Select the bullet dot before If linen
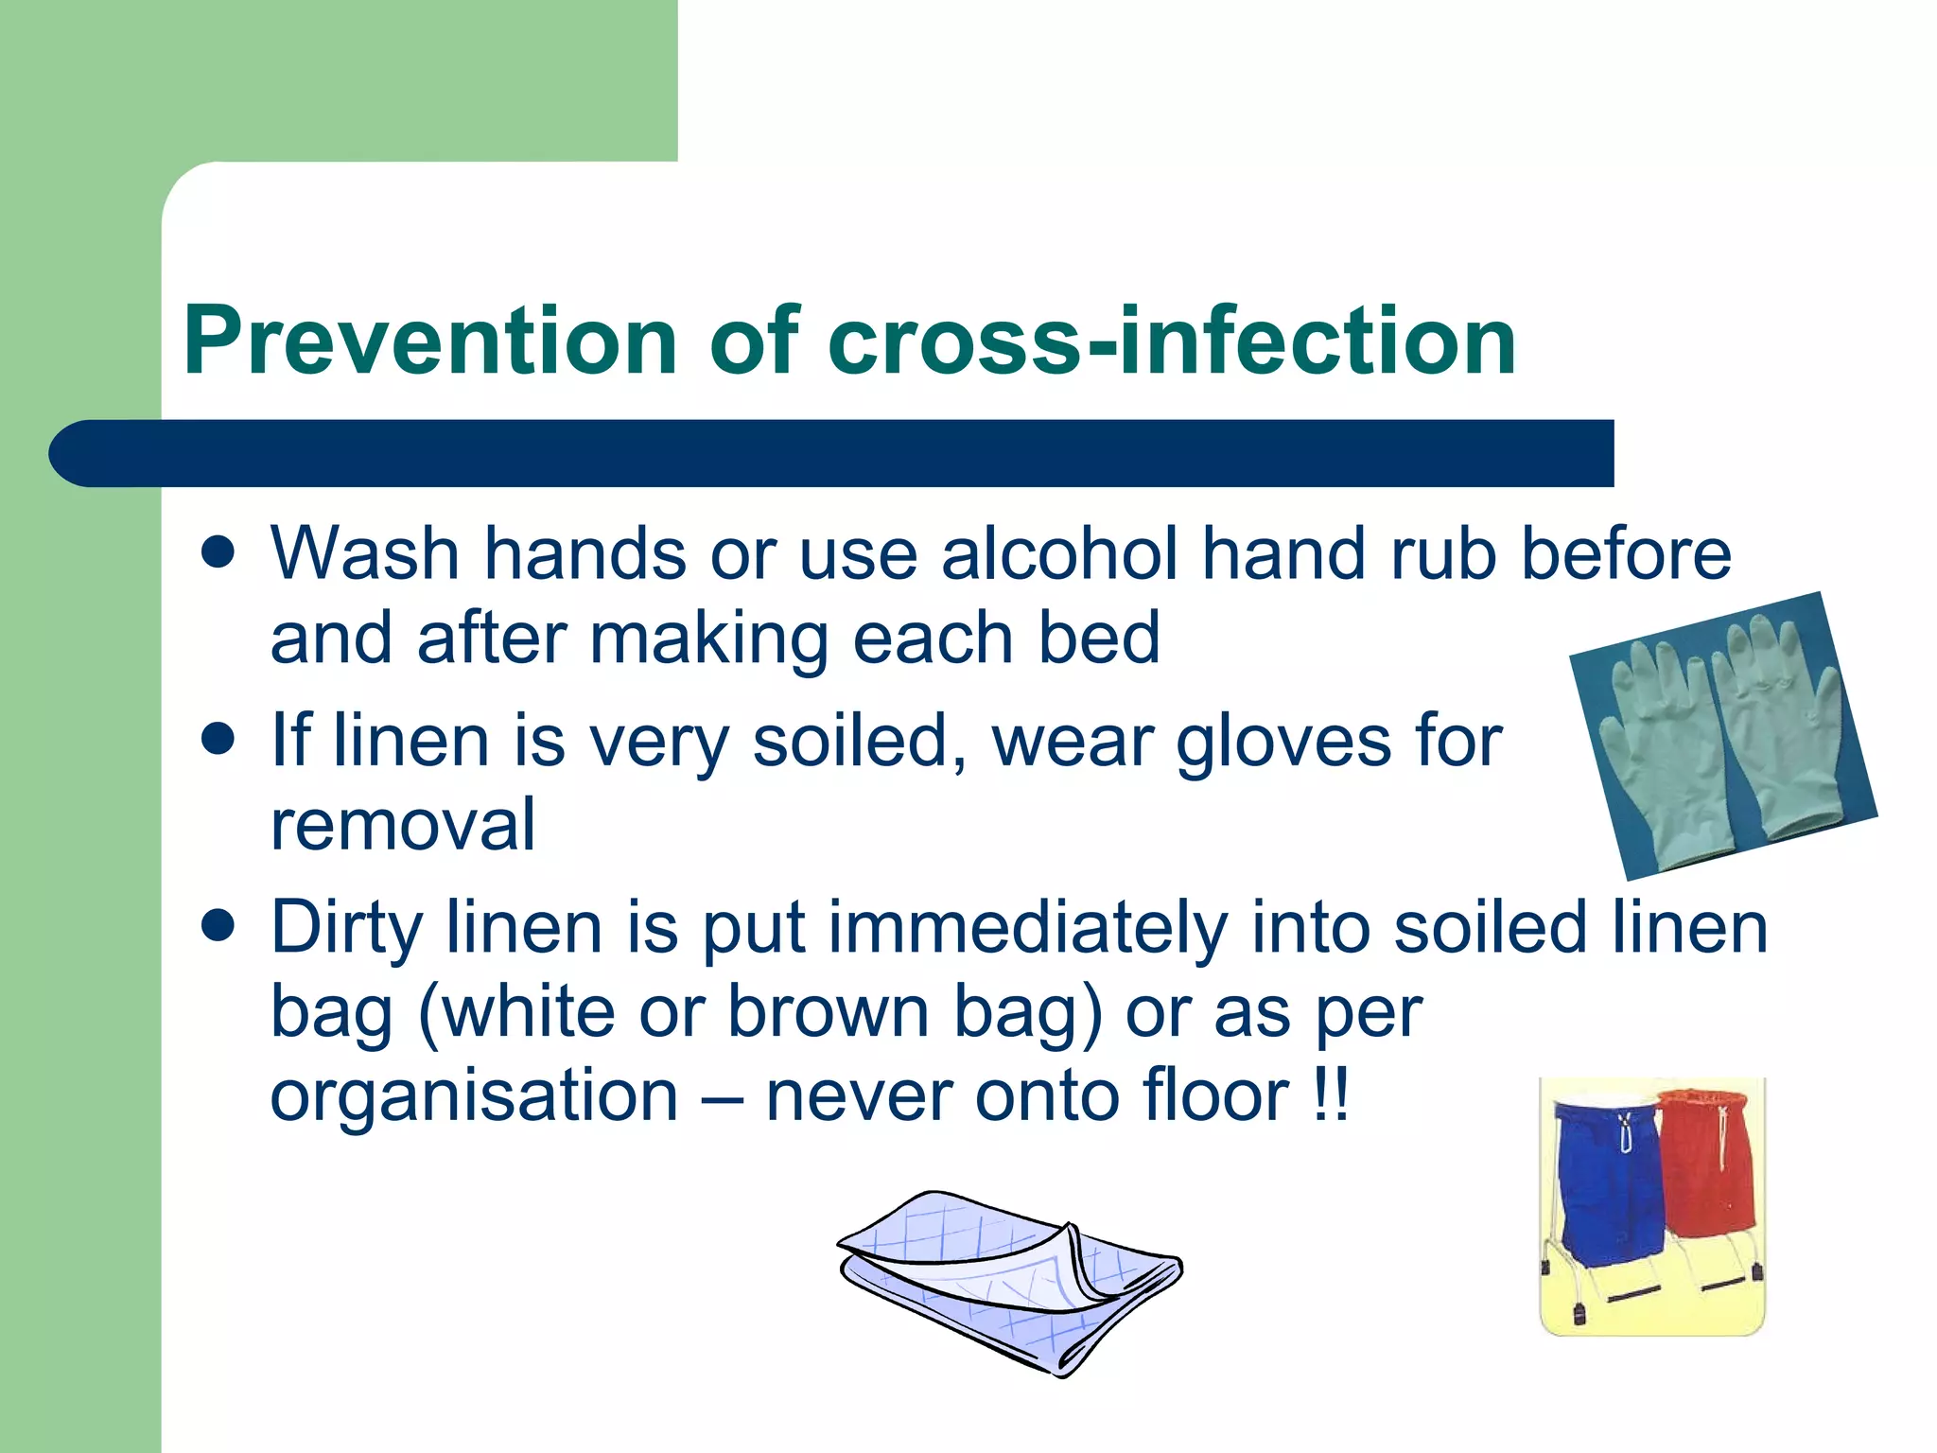[x=218, y=739]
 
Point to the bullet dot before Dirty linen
[x=218, y=926]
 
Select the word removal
[x=403, y=824]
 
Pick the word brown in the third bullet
[x=829, y=1012]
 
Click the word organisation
[x=474, y=1097]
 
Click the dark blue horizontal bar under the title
[x=832, y=453]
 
